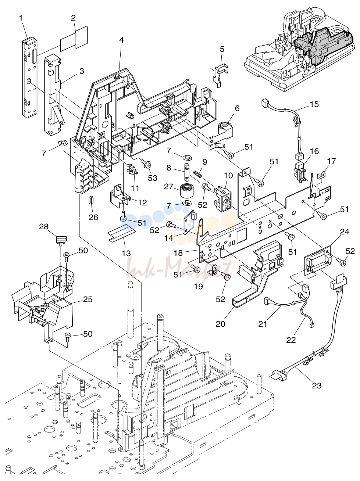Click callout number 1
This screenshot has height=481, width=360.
21,18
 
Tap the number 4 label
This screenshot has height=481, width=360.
121,40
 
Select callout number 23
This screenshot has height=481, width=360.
317,385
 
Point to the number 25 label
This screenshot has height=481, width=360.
88,299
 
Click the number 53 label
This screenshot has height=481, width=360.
153,178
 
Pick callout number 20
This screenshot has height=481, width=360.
221,323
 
